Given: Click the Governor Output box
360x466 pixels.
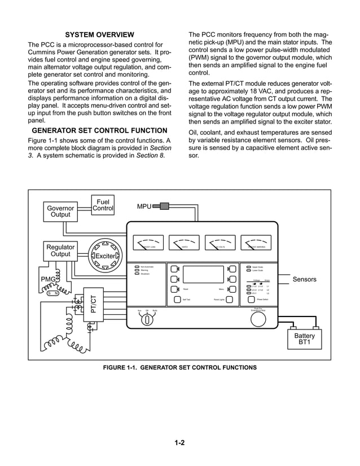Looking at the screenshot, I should coord(60,210).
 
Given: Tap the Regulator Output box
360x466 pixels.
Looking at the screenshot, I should coord(60,250).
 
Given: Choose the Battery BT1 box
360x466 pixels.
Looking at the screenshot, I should coord(305,340).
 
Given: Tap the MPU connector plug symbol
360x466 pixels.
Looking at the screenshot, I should coord(165,206).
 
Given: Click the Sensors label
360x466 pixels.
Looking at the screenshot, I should coord(304,279).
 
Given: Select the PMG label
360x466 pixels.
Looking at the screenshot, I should coord(48,279).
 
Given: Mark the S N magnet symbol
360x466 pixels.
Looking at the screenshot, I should coord(52,293).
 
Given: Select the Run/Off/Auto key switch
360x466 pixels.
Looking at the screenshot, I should coord(147,319).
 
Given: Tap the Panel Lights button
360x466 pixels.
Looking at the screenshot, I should coord(230,300).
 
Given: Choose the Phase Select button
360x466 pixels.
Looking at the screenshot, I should coord(252,300).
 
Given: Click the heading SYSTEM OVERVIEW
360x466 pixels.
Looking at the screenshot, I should coord(99,35).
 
